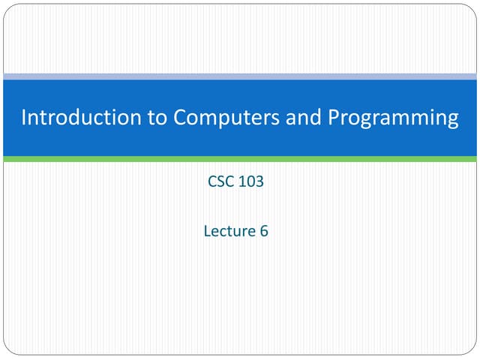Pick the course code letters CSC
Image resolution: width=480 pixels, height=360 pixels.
(x=220, y=181)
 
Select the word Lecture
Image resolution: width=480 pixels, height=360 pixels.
(x=229, y=231)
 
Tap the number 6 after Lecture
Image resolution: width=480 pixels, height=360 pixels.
(x=264, y=231)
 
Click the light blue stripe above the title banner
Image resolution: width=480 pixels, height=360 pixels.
(x=240, y=76)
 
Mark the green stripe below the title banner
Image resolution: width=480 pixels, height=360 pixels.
(x=240, y=159)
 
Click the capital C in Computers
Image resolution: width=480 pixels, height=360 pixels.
(x=178, y=118)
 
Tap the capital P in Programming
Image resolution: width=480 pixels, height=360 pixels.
(x=331, y=118)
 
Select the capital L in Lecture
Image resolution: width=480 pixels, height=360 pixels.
(x=207, y=231)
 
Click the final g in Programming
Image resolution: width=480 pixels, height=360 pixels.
(x=451, y=120)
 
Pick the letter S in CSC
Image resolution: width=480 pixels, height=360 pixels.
(x=220, y=181)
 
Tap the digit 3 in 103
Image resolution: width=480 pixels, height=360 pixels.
(x=259, y=181)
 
